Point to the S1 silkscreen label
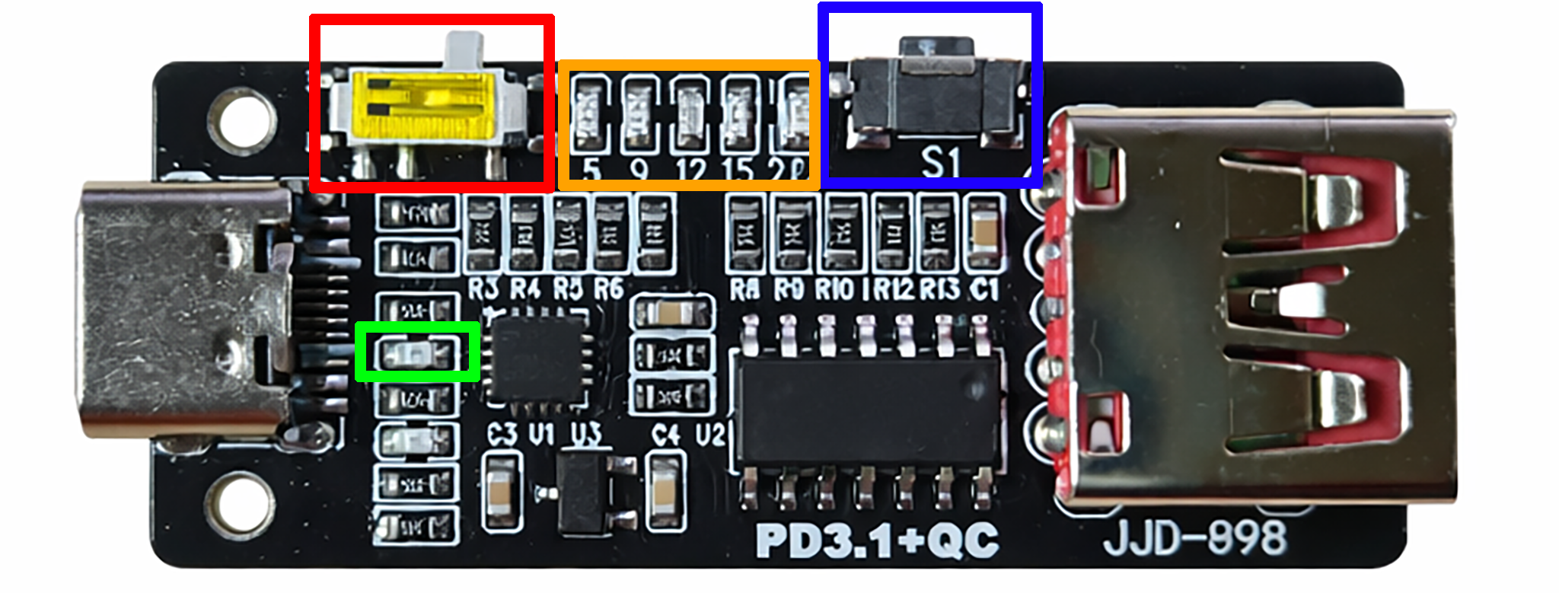point(941,161)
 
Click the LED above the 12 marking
point(691,114)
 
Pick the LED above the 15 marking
point(739,114)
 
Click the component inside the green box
point(417,352)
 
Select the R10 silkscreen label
point(834,289)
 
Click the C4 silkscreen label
point(666,435)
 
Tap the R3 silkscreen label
point(483,289)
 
